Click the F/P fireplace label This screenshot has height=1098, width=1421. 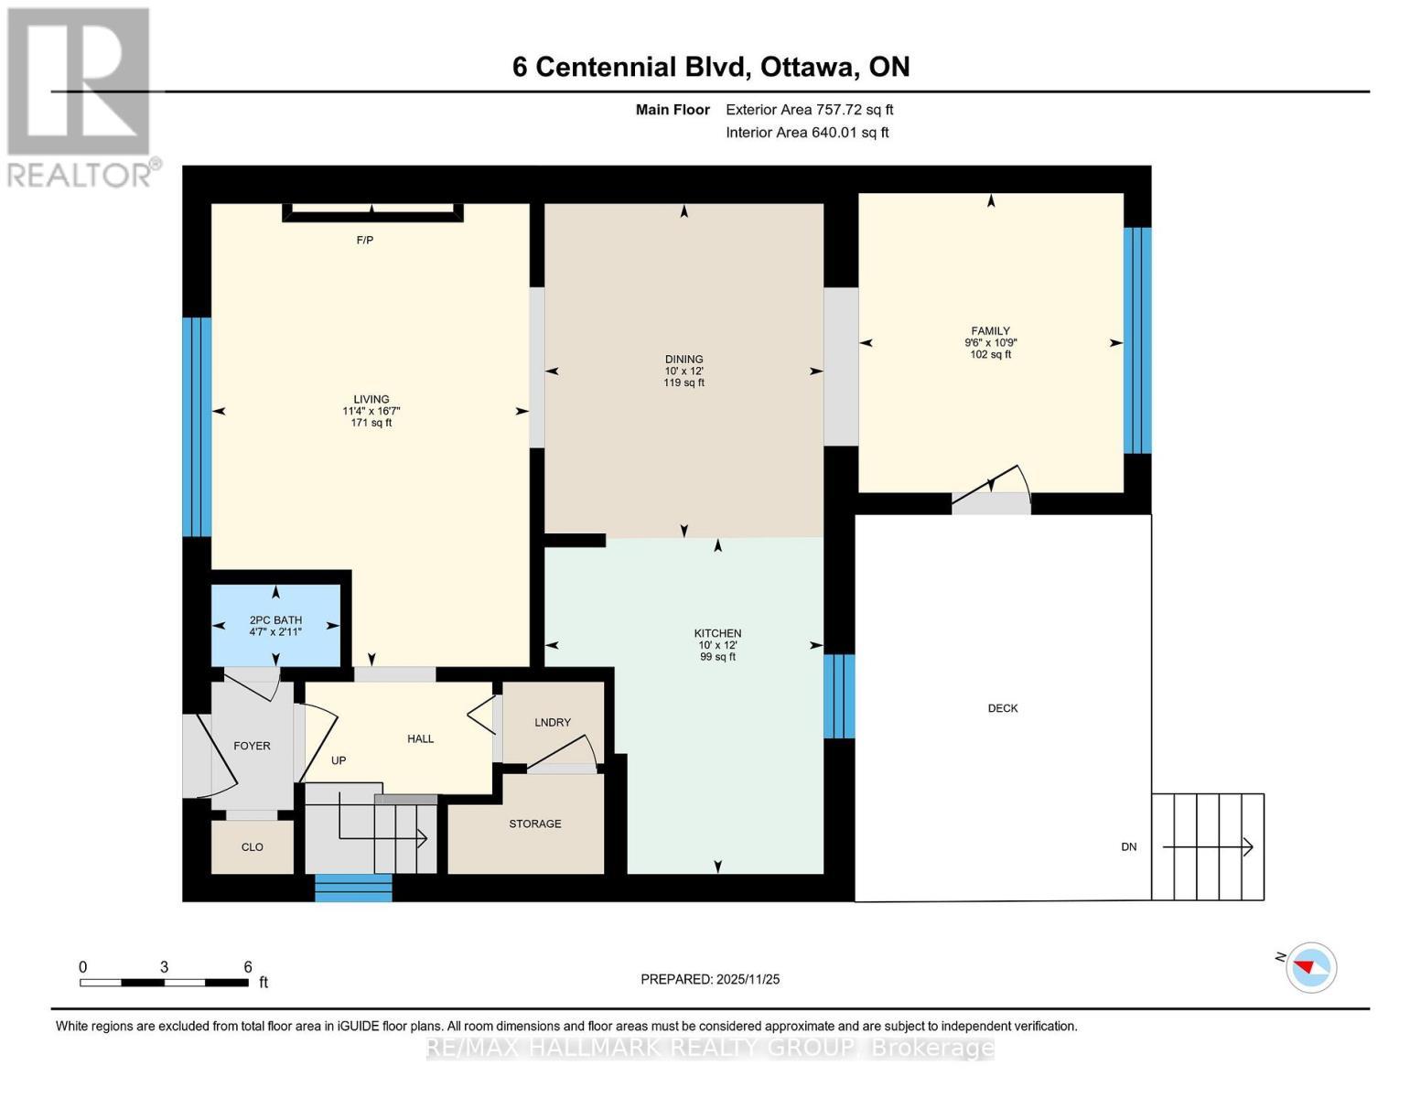pyautogui.click(x=364, y=241)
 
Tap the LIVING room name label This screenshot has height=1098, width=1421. pyautogui.click(x=371, y=400)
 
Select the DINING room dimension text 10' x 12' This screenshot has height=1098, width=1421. pyautogui.click(x=684, y=371)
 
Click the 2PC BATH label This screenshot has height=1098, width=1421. pyautogui.click(x=275, y=620)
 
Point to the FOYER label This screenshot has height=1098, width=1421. pyautogui.click(x=252, y=747)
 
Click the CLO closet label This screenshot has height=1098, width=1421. pyautogui.click(x=253, y=847)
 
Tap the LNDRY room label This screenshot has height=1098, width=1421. pyautogui.click(x=553, y=723)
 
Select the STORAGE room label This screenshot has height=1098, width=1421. pyautogui.click(x=535, y=824)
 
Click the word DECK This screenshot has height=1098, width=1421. pyautogui.click(x=1003, y=708)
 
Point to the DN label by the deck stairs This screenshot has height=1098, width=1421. pyautogui.click(x=1129, y=847)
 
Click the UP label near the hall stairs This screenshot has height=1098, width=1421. pyautogui.click(x=339, y=761)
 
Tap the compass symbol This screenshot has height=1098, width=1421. pyautogui.click(x=1310, y=967)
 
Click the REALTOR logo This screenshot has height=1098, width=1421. pyautogui.click(x=81, y=97)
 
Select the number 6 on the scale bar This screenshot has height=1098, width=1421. pyautogui.click(x=248, y=967)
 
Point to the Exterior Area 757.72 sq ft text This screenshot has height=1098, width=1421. pyautogui.click(x=809, y=110)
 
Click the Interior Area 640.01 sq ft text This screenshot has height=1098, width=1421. pyautogui.click(x=807, y=133)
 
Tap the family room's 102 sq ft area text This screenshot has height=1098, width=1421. pyautogui.click(x=990, y=355)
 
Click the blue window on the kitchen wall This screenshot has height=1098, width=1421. pyautogui.click(x=839, y=696)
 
